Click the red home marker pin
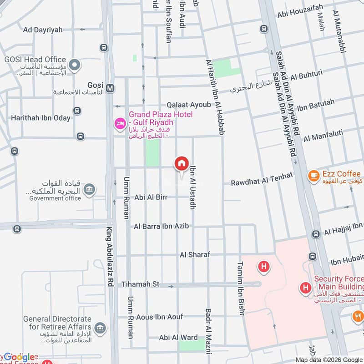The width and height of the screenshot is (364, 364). coord(181,164)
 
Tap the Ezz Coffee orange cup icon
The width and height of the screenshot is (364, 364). coord(313,175)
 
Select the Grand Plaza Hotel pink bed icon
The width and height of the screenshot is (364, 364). coord(121,123)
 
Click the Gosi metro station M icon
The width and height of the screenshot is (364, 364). coord(109,87)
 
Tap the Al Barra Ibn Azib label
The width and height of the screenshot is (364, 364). coord(161,226)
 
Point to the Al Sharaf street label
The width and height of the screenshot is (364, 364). coord(195,255)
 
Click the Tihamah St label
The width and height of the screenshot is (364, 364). coord(140,284)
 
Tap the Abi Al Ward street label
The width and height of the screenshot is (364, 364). coord(178,338)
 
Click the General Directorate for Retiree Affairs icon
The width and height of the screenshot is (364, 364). coord(101,327)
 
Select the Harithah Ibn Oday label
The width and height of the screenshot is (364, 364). coord(41,118)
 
